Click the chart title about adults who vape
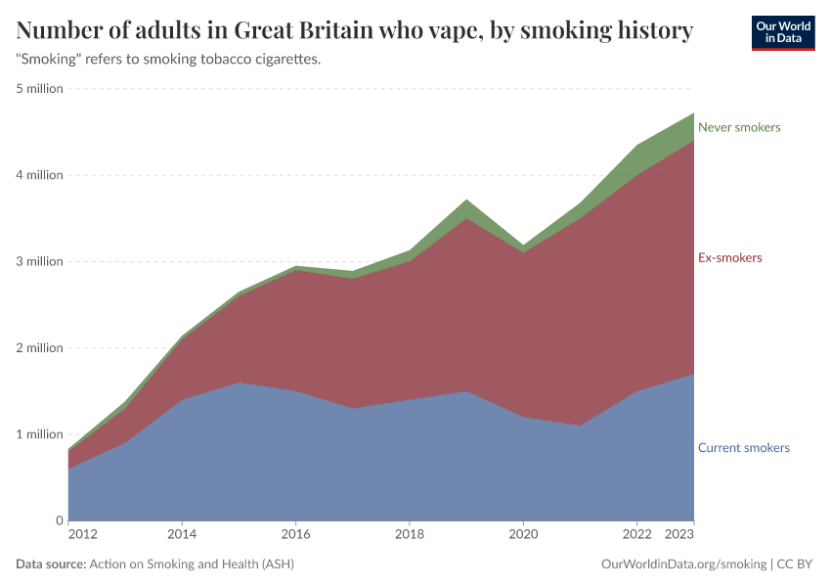(355, 31)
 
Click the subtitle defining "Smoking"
(169, 60)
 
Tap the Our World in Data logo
(782, 32)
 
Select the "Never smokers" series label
(739, 127)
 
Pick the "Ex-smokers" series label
(729, 258)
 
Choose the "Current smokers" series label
(743, 448)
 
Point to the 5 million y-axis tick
(39, 89)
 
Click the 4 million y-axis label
(39, 175)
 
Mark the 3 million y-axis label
(39, 261)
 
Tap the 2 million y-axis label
(39, 347)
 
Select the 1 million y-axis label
(39, 434)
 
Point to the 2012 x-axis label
(82, 535)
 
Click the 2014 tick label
(182, 535)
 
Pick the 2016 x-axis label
(295, 535)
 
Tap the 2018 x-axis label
(409, 535)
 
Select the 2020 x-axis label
(523, 535)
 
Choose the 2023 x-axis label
(679, 535)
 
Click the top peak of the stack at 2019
(466, 200)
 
